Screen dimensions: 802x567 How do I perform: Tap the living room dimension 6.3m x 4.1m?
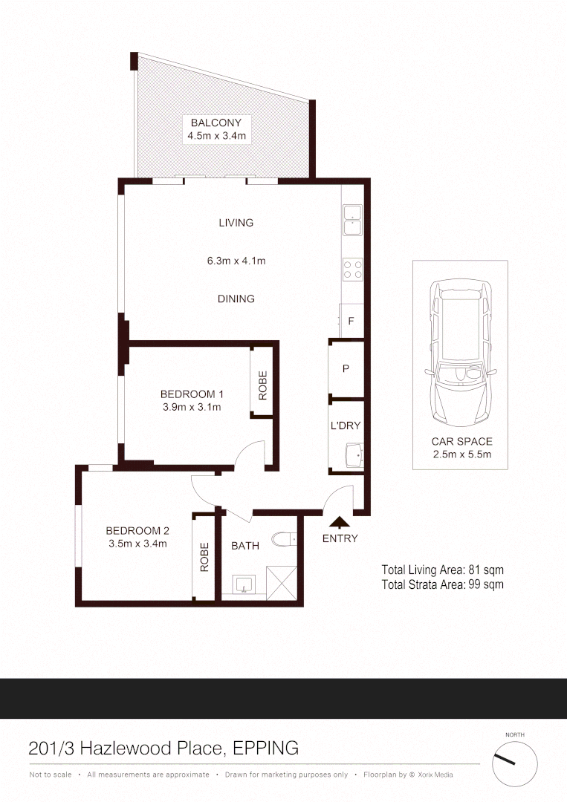(236, 261)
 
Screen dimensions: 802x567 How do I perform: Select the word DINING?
(236, 299)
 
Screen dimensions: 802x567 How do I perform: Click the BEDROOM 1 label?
(192, 394)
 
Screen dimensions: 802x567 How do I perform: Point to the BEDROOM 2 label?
(137, 530)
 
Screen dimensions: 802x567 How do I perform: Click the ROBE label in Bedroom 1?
(262, 385)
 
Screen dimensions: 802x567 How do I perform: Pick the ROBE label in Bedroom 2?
(204, 556)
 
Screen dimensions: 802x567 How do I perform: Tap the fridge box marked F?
(351, 322)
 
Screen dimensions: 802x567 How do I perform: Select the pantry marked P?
(346, 369)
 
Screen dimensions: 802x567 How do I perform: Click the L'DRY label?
(346, 426)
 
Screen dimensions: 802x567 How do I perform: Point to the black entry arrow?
(340, 523)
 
